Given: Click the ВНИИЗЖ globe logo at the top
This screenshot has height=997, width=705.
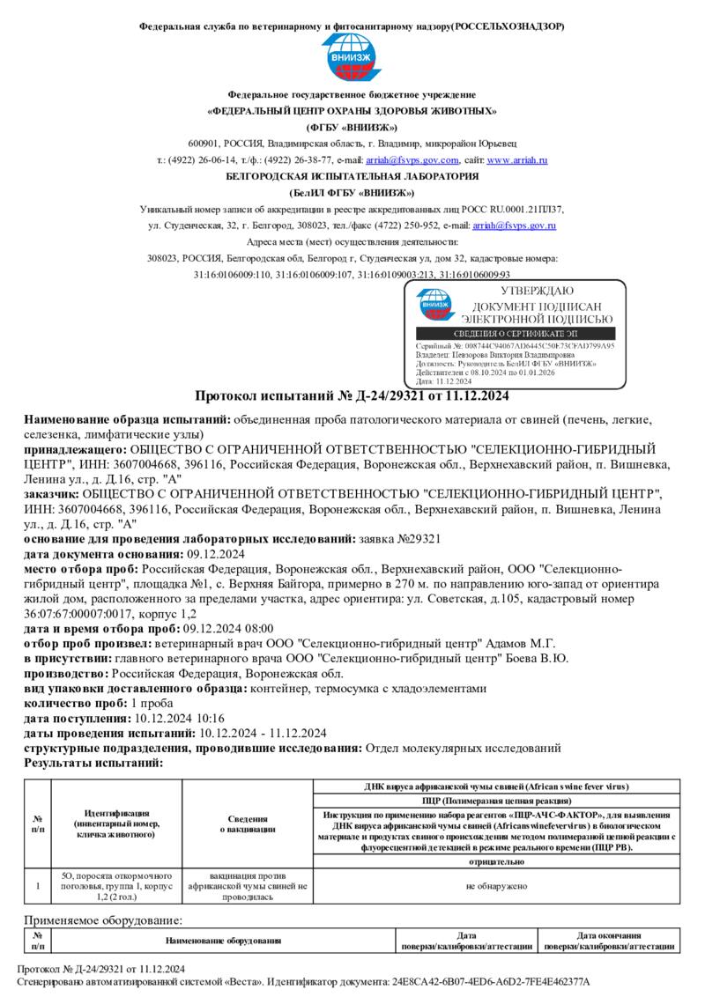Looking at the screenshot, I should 352,57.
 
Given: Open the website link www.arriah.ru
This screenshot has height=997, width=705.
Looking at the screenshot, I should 517,160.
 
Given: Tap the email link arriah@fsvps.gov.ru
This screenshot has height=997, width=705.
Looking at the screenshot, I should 514,226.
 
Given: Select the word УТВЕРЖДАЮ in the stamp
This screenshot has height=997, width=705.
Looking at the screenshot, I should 537,292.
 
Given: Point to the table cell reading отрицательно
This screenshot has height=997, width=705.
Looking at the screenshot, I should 496,860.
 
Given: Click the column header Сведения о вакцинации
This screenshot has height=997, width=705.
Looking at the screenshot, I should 247,823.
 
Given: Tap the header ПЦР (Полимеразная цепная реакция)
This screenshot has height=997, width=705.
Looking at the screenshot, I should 496,801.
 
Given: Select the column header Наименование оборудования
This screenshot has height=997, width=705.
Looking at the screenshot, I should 224,941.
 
